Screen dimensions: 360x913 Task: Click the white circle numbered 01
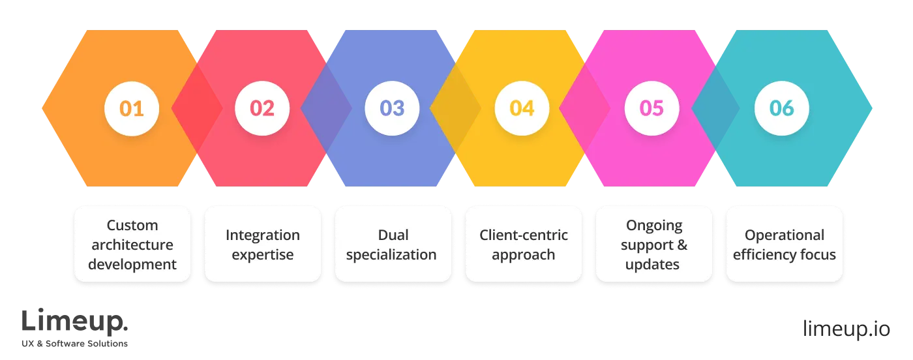[132, 108]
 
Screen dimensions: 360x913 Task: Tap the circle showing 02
[262, 108]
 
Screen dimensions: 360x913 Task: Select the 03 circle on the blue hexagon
[392, 108]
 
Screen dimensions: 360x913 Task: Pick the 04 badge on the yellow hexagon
[522, 108]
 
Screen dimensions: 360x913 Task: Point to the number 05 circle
[651, 108]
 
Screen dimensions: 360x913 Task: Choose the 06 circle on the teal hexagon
[782, 108]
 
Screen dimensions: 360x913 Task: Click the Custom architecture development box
[132, 245]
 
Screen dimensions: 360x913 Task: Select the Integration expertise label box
[262, 245]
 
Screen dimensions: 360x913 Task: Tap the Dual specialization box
[392, 245]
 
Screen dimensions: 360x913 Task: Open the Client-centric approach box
[523, 245]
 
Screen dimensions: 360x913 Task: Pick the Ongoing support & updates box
[653, 245]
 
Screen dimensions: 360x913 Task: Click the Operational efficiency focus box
[784, 245]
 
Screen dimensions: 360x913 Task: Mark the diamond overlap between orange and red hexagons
[196, 108]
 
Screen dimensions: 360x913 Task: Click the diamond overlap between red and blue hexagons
[326, 108]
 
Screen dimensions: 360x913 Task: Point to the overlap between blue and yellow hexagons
[456, 108]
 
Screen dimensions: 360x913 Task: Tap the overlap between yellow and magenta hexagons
[585, 108]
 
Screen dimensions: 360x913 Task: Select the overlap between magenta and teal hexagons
[716, 108]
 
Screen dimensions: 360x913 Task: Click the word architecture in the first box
[132, 245]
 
